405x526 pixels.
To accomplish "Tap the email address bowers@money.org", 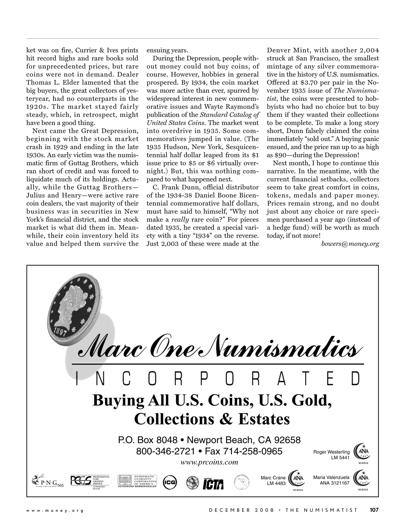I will pyautogui.click(x=350, y=244).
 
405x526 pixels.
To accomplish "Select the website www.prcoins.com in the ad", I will pyautogui.click(x=209, y=462).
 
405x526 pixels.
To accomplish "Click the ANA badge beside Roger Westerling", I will pyautogui.click(x=363, y=452).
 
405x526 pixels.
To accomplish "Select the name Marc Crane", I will pyautogui.click(x=273, y=478).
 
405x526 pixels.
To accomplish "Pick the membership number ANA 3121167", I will pyautogui.click(x=335, y=483).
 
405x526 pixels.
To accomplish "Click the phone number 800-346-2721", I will pyautogui.click(x=166, y=451).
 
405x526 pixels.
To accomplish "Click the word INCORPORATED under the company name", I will pyautogui.click(x=218, y=378).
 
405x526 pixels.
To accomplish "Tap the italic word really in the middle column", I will pyautogui.click(x=180, y=220).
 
